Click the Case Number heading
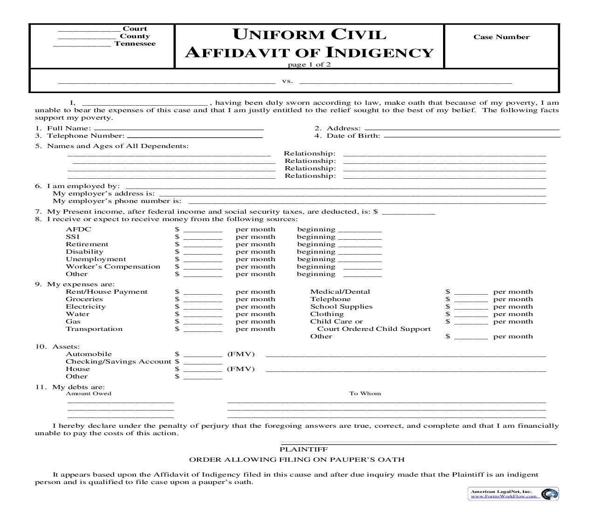point(501,37)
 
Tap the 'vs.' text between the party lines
point(287,81)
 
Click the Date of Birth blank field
point(471,136)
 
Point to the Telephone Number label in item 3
point(85,136)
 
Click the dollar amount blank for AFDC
point(203,230)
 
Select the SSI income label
point(73,237)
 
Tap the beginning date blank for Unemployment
point(360,260)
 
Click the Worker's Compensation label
point(113,267)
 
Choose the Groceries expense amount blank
point(203,300)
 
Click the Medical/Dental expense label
point(340,292)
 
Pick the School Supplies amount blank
point(471,308)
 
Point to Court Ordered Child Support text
point(374,329)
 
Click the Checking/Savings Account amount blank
point(203,363)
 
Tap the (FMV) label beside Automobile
point(241,354)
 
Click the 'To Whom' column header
point(365,393)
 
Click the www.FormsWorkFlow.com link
point(505,496)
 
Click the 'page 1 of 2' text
point(309,65)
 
